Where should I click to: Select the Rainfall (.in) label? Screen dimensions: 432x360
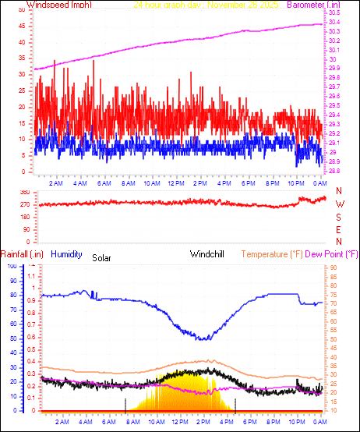pyautogui.click(x=22, y=253)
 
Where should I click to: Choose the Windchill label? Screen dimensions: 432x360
pyautogui.click(x=208, y=253)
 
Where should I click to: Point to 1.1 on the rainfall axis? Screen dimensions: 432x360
pyautogui.click(x=32, y=276)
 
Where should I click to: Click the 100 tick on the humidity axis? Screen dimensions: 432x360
pyautogui.click(x=11, y=267)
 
